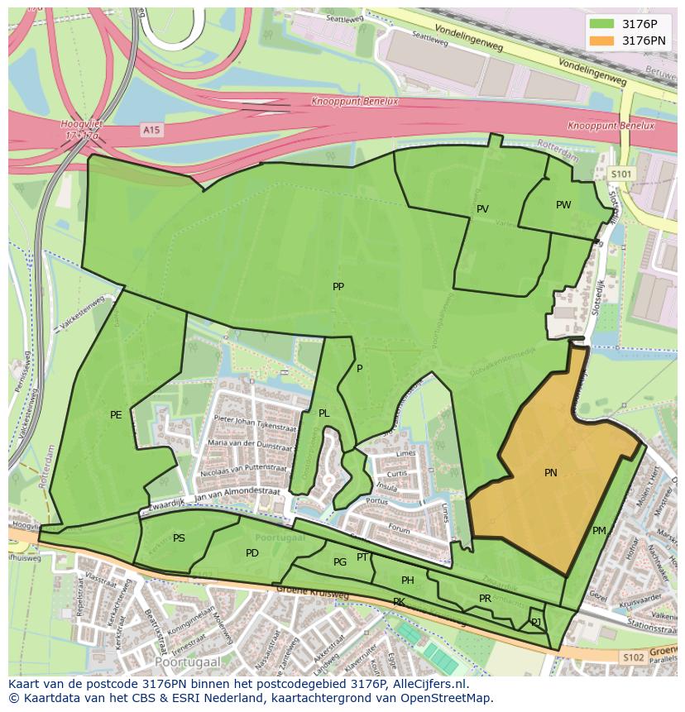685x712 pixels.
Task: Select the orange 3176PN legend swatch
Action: pyautogui.click(x=602, y=41)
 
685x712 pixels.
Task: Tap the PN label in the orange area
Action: pyautogui.click(x=550, y=473)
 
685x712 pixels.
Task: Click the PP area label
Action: pyautogui.click(x=338, y=287)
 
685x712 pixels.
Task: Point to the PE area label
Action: pyautogui.click(x=116, y=415)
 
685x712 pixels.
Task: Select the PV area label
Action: pyautogui.click(x=482, y=209)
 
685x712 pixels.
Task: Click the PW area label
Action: pyautogui.click(x=563, y=205)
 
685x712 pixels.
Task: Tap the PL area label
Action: pyautogui.click(x=324, y=413)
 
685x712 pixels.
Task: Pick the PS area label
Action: pyautogui.click(x=179, y=538)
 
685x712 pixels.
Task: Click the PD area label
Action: pyautogui.click(x=252, y=553)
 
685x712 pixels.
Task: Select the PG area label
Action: pyautogui.click(x=340, y=562)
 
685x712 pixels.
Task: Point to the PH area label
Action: pyautogui.click(x=407, y=581)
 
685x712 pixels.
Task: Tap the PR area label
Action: pyautogui.click(x=485, y=599)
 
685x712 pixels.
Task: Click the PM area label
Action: pyautogui.click(x=599, y=531)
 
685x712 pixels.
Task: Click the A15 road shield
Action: pyautogui.click(x=150, y=130)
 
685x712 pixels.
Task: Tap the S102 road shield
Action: pyautogui.click(x=632, y=657)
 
